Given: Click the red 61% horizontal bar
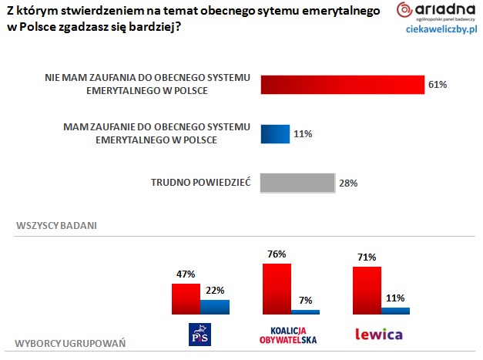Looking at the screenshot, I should coord(343,84).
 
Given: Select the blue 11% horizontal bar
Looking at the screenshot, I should coord(275,134).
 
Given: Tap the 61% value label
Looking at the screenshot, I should coord(438,84).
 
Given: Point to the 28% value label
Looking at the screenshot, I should coord(348,183).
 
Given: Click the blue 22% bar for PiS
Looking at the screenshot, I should coord(214,307).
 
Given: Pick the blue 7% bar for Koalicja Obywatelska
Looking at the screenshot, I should coord(305,311).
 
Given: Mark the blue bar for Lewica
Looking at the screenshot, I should coord(395,310).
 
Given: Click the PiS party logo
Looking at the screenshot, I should coord(200,334).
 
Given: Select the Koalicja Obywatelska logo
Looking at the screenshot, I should coord(290,335).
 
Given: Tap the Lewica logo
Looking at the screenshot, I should coord(379,335).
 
